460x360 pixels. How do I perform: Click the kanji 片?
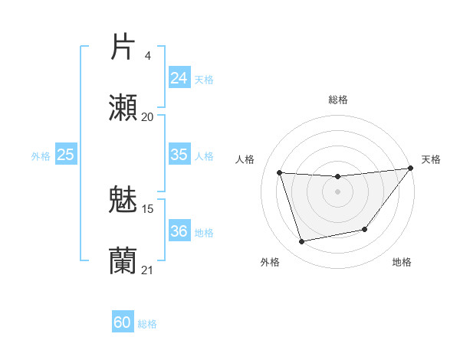[123, 47]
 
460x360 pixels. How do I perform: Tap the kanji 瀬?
[123, 108]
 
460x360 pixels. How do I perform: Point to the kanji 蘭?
[123, 260]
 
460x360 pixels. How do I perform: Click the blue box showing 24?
[179, 78]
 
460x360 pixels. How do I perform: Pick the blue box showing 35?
[179, 155]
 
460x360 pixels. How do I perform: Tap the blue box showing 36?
[179, 231]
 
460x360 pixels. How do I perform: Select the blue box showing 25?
[65, 155]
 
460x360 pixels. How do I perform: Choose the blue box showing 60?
[123, 322]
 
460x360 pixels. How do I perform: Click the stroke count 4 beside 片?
[147, 56]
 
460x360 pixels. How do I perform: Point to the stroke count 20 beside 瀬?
[147, 116]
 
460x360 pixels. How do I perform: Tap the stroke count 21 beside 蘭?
[148, 270]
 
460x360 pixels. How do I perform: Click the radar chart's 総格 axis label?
[337, 100]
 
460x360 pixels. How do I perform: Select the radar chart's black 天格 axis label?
[431, 159]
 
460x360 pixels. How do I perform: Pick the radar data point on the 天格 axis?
[410, 169]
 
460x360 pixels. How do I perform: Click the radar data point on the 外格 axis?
[302, 241]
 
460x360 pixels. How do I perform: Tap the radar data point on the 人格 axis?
[280, 173]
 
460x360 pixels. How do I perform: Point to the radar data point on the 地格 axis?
[365, 229]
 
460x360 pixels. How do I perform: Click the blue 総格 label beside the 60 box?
[147, 324]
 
